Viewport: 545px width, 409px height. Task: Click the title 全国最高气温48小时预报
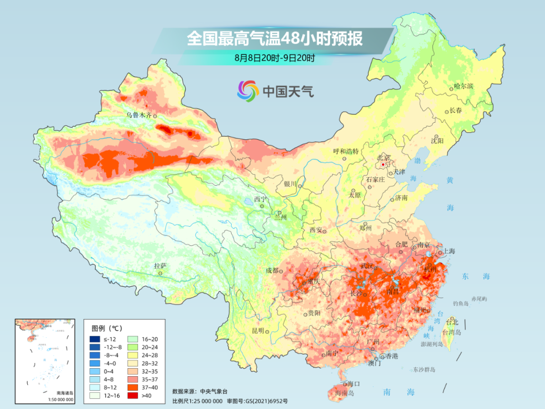coord(275,39)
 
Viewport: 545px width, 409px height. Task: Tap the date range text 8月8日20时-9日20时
coord(275,58)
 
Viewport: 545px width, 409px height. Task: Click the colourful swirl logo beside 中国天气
coord(248,91)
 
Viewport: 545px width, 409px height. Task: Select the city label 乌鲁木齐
coord(139,115)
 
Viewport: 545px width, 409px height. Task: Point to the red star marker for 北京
coord(384,165)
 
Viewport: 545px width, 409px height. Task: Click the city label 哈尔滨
coord(463,86)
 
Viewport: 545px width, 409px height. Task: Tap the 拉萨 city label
coord(160,266)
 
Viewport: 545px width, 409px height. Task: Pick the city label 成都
coord(271,270)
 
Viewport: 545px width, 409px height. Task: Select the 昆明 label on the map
coord(257,331)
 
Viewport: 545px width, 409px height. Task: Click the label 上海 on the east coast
coord(449,251)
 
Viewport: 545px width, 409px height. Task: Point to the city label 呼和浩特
coord(346,151)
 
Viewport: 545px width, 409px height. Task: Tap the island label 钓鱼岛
coord(461,302)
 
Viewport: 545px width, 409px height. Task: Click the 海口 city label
coord(353,384)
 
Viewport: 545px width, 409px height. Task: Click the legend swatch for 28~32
coord(133,363)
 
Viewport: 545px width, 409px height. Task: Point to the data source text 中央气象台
coord(214,391)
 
